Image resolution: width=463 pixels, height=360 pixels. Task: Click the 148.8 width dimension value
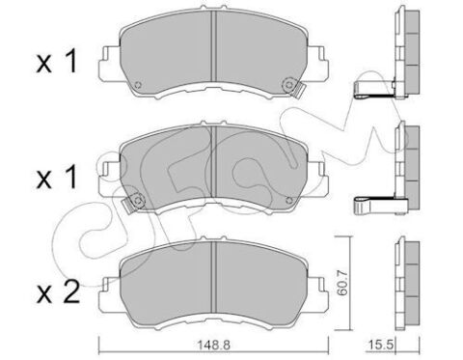pyautogui.click(x=213, y=346)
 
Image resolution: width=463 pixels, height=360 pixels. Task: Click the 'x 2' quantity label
pyautogui.click(x=58, y=292)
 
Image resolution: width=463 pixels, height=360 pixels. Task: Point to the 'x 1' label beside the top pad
pyautogui.click(x=57, y=61)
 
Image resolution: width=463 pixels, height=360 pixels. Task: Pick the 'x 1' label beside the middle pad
pyautogui.click(x=57, y=177)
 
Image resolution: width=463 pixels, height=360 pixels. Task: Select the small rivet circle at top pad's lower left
pyautogui.click(x=138, y=85)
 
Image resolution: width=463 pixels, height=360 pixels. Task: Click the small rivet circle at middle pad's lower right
pyautogui.click(x=288, y=200)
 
